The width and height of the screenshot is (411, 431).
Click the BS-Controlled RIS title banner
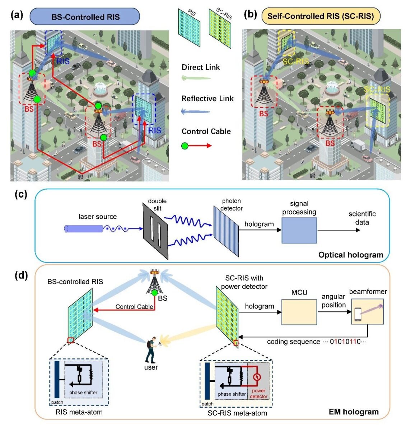pos(85,17)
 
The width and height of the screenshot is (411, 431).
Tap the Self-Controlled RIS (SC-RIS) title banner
pos(321,16)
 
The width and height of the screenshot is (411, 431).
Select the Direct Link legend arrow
pos(196,78)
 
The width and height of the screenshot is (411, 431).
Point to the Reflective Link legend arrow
pos(196,111)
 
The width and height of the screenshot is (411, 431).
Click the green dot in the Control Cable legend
pos(185,146)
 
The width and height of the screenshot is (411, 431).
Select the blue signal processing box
pos(299,230)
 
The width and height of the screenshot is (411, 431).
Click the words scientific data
pos(362,218)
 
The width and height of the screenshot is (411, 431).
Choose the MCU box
pos(299,312)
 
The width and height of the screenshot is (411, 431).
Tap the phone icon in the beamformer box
pos(358,315)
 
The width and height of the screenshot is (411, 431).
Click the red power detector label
pos(258,393)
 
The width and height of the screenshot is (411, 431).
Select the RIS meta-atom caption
pos(79,412)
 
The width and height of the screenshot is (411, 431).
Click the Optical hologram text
pos(351,255)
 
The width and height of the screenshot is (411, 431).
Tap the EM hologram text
pos(354,412)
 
